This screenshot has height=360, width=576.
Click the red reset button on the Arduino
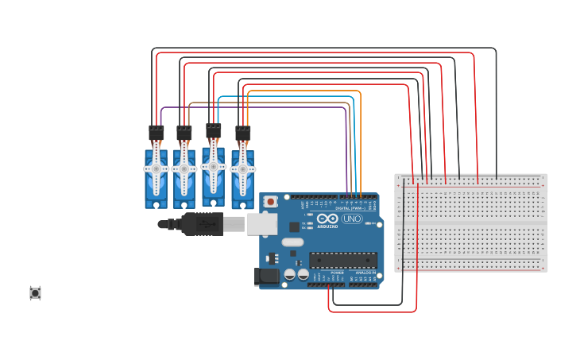[x=270, y=202]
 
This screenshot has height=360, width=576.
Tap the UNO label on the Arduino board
[x=352, y=219]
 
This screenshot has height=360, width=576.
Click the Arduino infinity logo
[x=327, y=219]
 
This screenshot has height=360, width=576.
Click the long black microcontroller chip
[x=343, y=260]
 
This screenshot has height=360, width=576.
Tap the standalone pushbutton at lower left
[x=35, y=293]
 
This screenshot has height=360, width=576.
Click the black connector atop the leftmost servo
[x=157, y=133]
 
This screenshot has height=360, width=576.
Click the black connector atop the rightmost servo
[x=242, y=133]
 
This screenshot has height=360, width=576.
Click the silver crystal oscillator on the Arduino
[x=292, y=242]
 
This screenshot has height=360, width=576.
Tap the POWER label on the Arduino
[x=332, y=273]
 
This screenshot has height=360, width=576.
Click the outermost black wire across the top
[x=318, y=48]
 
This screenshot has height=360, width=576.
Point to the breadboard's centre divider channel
[x=471, y=223]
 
